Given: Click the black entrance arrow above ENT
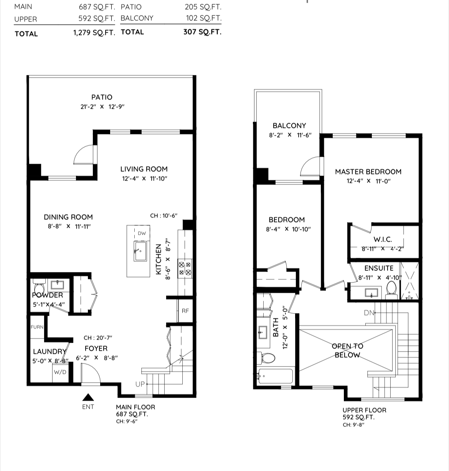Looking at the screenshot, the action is [88, 397].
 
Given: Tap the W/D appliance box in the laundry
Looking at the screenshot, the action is [61, 372].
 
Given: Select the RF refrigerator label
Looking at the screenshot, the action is [185, 311].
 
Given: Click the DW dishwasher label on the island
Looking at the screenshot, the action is [142, 233].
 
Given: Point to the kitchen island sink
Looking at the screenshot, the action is [140, 251].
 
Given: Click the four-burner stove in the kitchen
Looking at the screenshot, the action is [185, 269].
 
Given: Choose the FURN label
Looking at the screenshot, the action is [37, 327].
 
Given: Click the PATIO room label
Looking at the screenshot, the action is [102, 97].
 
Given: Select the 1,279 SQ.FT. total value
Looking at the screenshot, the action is [94, 33].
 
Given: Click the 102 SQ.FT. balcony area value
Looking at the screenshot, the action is [204, 18].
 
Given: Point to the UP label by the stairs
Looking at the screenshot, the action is [140, 384].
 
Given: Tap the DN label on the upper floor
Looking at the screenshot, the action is [369, 313].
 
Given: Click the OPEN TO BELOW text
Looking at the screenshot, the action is [347, 350].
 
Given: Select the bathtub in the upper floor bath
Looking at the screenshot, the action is [275, 376].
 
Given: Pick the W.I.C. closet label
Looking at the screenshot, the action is [383, 239].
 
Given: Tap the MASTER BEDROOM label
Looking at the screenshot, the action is [368, 171].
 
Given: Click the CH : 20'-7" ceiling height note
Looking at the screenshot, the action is [97, 338].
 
